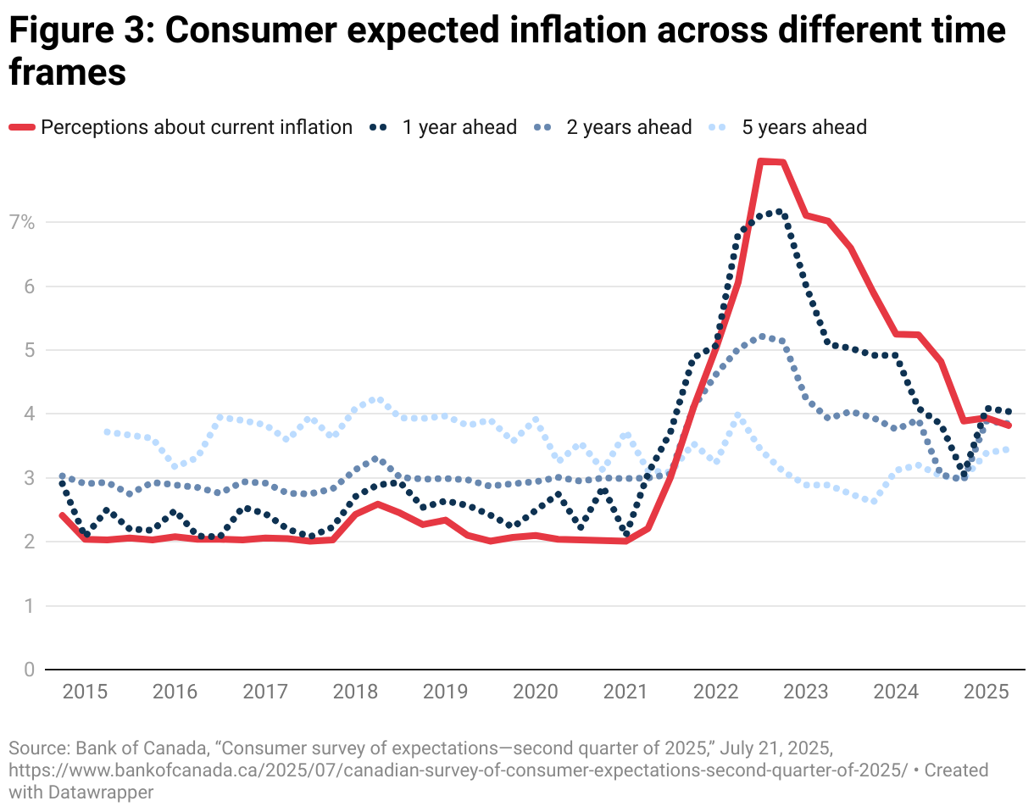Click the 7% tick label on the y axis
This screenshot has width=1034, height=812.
tap(22, 223)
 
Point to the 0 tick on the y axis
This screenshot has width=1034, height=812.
tap(29, 670)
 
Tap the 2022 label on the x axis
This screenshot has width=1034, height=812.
tap(715, 692)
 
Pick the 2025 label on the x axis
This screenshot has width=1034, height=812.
tap(987, 692)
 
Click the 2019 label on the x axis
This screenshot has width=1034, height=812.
tap(444, 692)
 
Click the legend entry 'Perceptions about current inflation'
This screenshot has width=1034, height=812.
tap(196, 127)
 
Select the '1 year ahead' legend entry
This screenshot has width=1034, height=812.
tap(459, 127)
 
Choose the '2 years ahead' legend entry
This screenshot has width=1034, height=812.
tap(629, 127)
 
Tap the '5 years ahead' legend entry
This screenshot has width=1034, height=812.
tap(803, 127)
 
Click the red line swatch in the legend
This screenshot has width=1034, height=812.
tap(22, 128)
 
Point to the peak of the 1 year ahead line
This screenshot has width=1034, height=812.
tap(778, 212)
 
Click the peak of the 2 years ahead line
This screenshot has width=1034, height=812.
tap(761, 336)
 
